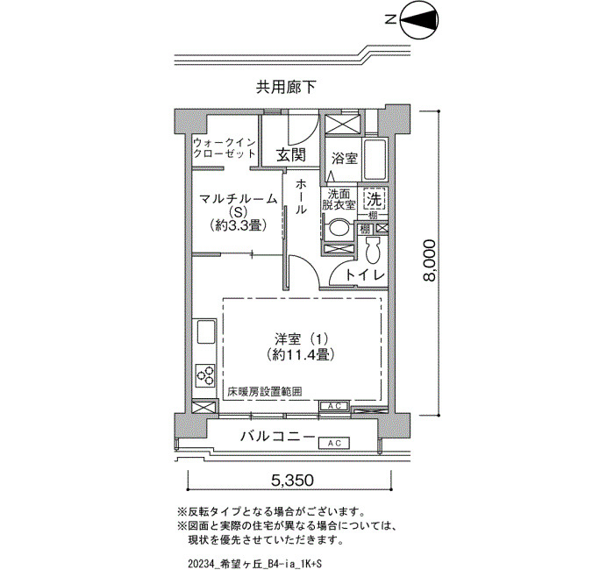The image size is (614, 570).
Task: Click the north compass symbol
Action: tap(419, 20)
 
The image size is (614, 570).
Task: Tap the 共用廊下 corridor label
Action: tap(286, 87)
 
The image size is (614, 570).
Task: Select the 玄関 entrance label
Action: tap(291, 155)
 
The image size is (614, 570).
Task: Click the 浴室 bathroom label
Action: tap(345, 159)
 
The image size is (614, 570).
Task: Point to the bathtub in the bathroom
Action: tap(375, 160)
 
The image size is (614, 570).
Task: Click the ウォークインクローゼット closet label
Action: tap(225, 148)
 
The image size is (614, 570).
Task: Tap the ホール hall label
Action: tap(301, 196)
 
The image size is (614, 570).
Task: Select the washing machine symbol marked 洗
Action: tap(375, 200)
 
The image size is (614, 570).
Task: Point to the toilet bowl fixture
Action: tap(373, 250)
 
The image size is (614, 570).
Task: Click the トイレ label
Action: tap(365, 275)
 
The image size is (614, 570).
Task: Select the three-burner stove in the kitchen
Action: tap(205, 375)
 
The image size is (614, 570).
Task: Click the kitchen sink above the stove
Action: tap(205, 332)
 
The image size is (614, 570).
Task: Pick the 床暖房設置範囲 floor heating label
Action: tap(265, 391)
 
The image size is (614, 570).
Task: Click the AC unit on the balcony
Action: tap(334, 443)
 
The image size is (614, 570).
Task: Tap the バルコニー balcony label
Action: tap(278, 436)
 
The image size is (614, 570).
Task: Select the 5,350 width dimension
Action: tap(289, 480)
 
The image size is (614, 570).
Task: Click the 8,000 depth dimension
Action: tap(429, 260)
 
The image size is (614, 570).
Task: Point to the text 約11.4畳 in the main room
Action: tap(300, 354)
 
